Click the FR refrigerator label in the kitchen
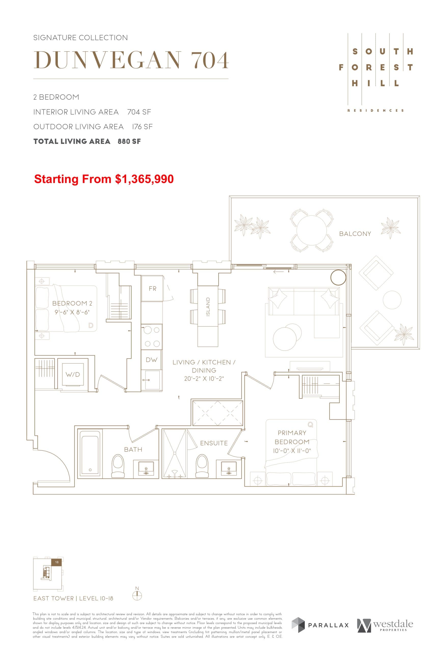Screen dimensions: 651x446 click(152, 289)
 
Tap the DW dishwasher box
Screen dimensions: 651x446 click(152, 360)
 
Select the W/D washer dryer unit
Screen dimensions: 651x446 click(73, 375)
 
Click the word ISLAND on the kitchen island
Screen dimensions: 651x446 click(208, 307)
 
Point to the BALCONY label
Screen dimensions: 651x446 click(355, 234)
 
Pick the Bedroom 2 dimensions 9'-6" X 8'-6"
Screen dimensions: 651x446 click(72, 312)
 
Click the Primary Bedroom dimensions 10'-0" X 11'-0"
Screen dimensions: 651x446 click(292, 451)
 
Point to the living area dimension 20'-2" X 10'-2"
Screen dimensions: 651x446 click(204, 379)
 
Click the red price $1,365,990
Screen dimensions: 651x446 click(144, 179)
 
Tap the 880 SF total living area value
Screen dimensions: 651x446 click(129, 141)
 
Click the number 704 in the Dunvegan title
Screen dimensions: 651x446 click(210, 60)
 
